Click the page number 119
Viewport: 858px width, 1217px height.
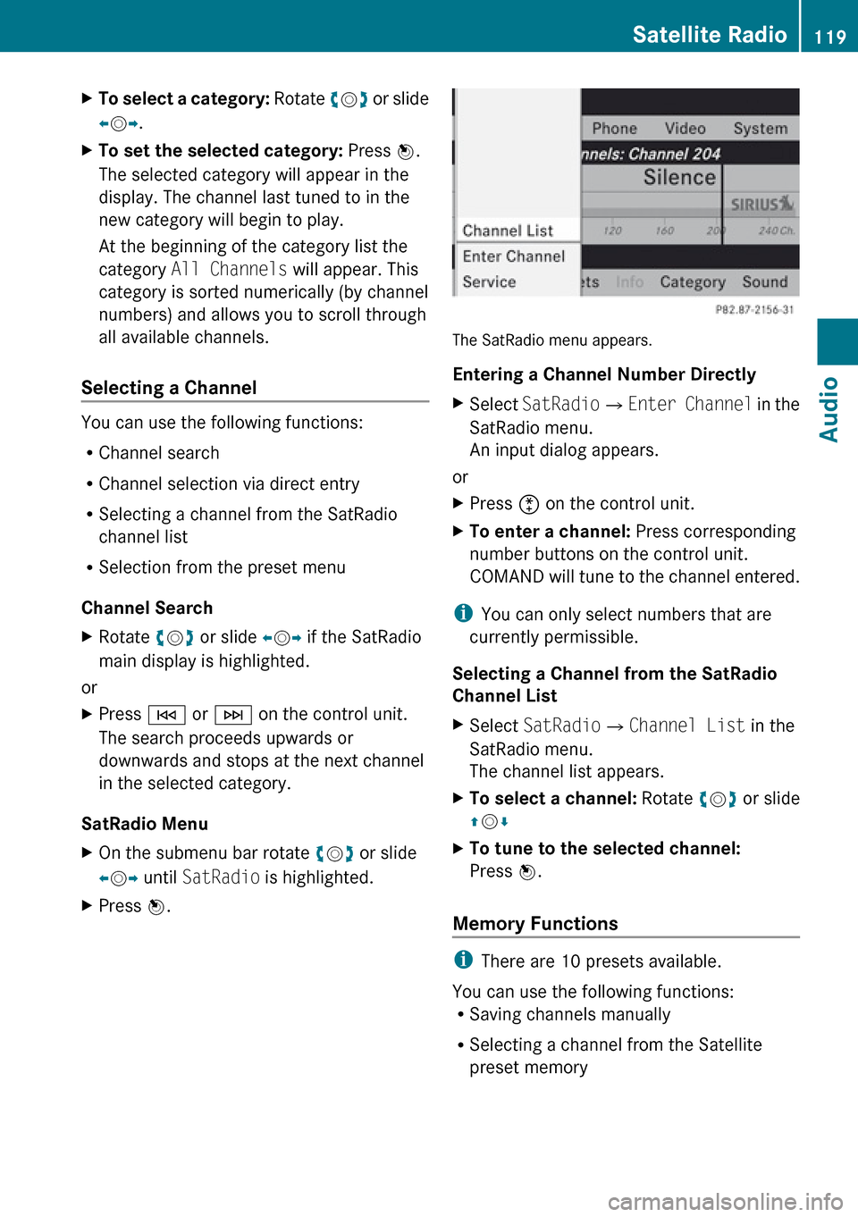[830, 37]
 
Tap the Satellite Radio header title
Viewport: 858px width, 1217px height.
[710, 35]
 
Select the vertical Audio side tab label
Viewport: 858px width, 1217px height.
[830, 409]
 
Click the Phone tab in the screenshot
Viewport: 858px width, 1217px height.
[614, 129]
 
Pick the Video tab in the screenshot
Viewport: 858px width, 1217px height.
[685, 129]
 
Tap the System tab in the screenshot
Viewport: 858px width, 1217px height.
[761, 129]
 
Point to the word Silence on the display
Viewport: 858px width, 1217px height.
[679, 178]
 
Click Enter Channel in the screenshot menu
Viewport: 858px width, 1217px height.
[514, 256]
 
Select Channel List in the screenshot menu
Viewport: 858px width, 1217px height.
[508, 231]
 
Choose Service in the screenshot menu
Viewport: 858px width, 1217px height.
[489, 282]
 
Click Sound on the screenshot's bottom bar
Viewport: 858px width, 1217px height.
[765, 282]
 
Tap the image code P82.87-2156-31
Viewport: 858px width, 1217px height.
[754, 310]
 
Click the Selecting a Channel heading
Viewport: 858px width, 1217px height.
[169, 388]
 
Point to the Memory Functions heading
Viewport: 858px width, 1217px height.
[535, 924]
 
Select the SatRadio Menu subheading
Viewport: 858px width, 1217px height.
[145, 824]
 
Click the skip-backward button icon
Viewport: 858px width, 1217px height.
[166, 715]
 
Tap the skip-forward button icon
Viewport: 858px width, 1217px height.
[233, 715]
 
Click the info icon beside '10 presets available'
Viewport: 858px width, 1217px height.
[463, 961]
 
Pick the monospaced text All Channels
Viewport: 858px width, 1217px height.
[229, 270]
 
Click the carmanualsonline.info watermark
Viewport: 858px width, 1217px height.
[725, 1202]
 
